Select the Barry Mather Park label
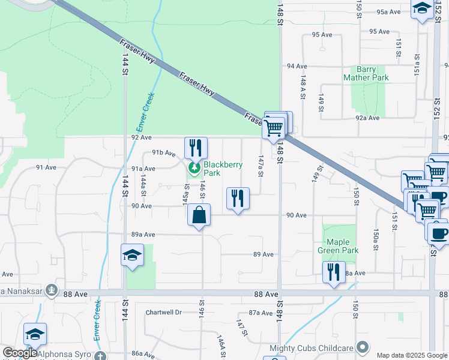coord(366,73)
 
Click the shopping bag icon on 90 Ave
coord(199,215)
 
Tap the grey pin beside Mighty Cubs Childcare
coord(362,347)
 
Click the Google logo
coord(19,353)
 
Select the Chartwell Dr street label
coord(163,313)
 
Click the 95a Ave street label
coord(388,12)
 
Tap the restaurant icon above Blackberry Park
coord(196,148)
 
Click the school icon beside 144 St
coord(133,255)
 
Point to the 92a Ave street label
coord(367,118)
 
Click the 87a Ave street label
coord(261,313)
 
